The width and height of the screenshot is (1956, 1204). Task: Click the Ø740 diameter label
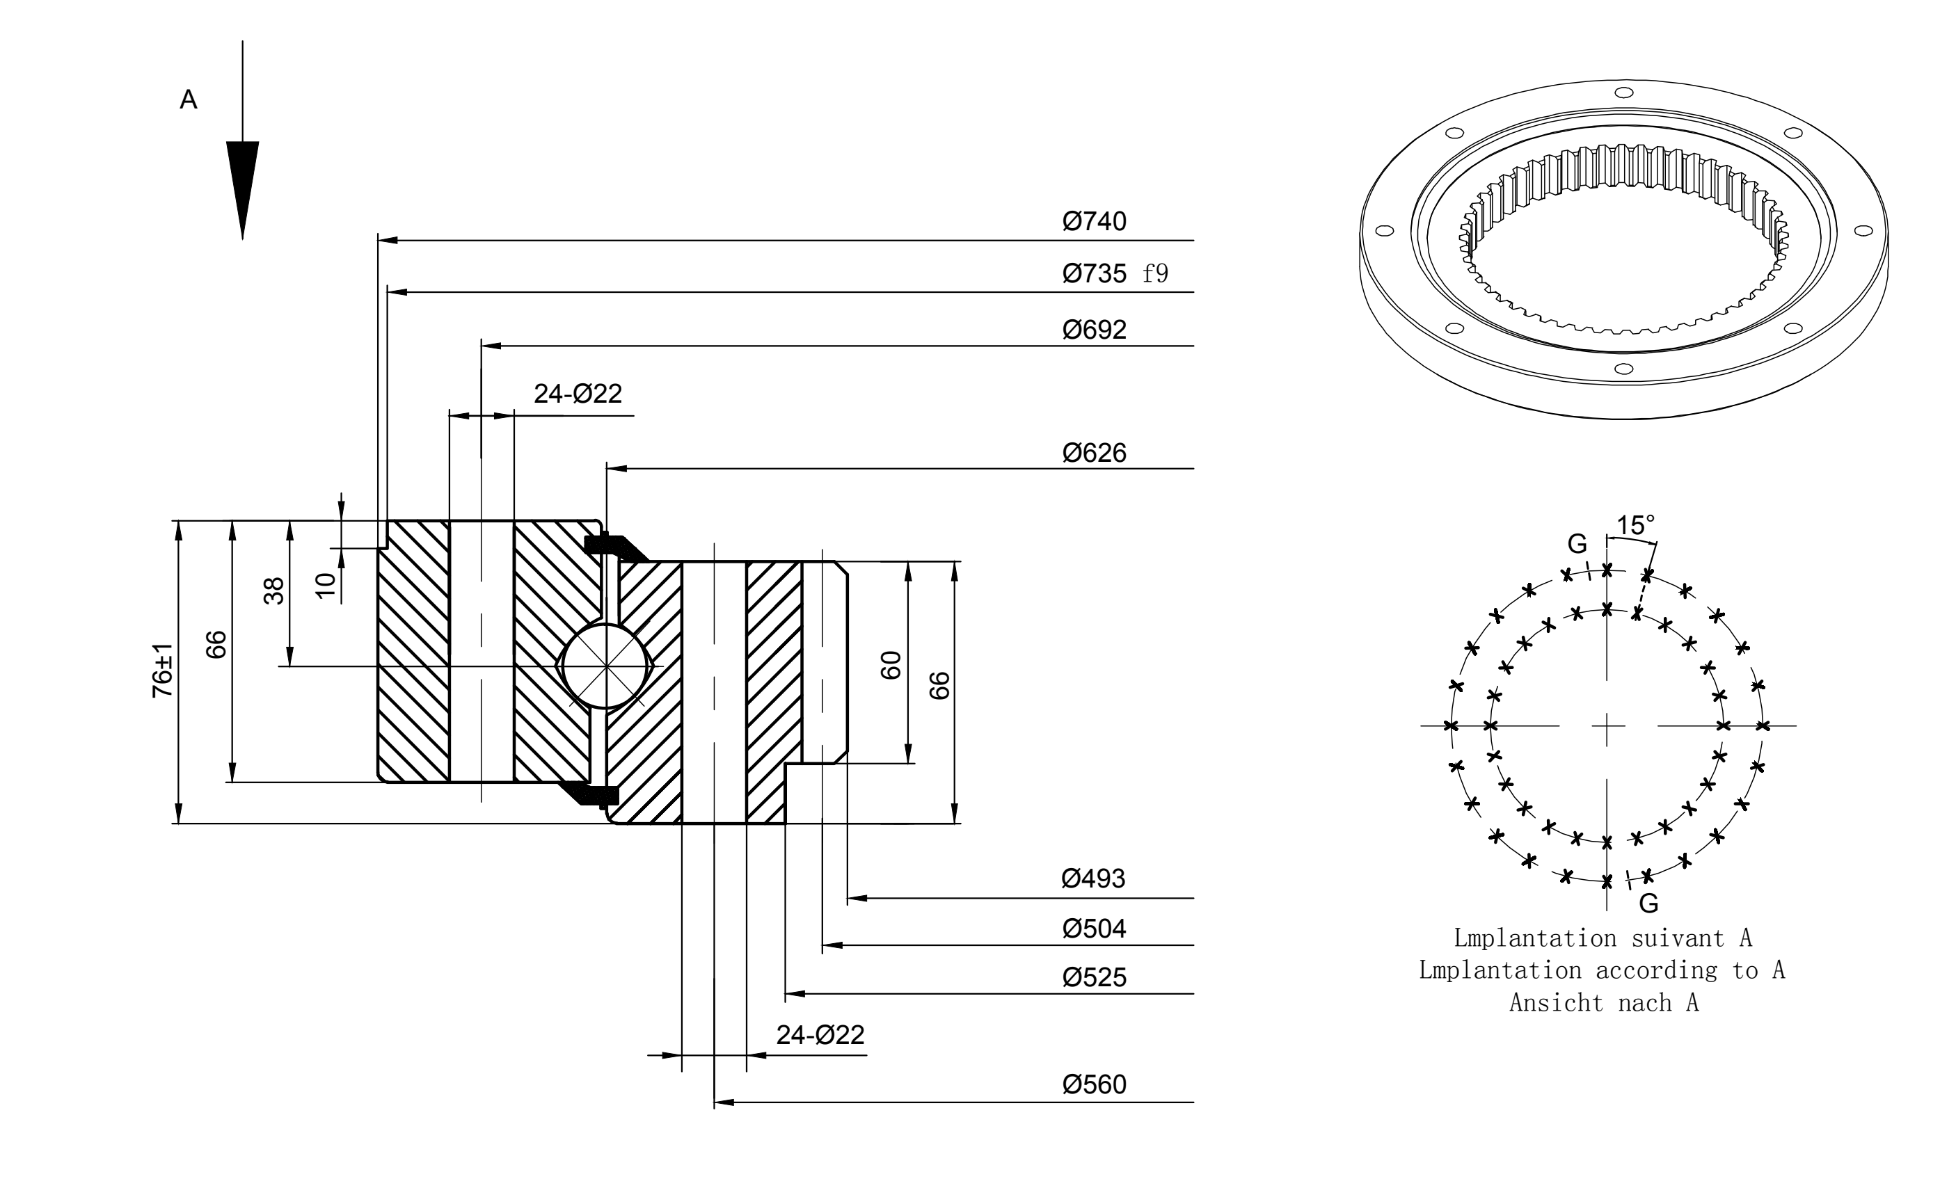coord(1095,221)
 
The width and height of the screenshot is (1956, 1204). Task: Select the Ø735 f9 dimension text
coord(1115,274)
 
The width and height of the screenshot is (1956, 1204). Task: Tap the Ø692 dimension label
coord(1095,330)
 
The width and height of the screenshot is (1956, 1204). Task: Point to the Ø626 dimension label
coord(1095,453)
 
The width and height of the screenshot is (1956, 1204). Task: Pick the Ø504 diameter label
coord(1095,929)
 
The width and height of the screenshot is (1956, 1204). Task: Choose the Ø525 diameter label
coord(1095,977)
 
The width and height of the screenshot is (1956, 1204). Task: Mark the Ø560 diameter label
coord(1095,1084)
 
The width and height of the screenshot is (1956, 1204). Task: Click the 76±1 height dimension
coord(162,671)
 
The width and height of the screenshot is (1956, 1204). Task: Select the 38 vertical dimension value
coord(274,591)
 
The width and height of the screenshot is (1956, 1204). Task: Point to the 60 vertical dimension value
coord(891,665)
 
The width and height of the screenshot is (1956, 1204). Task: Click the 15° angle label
coord(1636,526)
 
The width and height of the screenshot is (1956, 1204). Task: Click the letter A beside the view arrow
coord(189,99)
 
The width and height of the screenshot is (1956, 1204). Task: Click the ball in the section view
coord(606,666)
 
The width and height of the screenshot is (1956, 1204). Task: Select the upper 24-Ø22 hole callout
coord(578,394)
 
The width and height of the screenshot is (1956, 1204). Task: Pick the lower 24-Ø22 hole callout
coord(820,1034)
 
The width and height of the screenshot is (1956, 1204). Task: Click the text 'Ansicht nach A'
coord(1604,1002)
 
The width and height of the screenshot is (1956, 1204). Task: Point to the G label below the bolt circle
coord(1648,903)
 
